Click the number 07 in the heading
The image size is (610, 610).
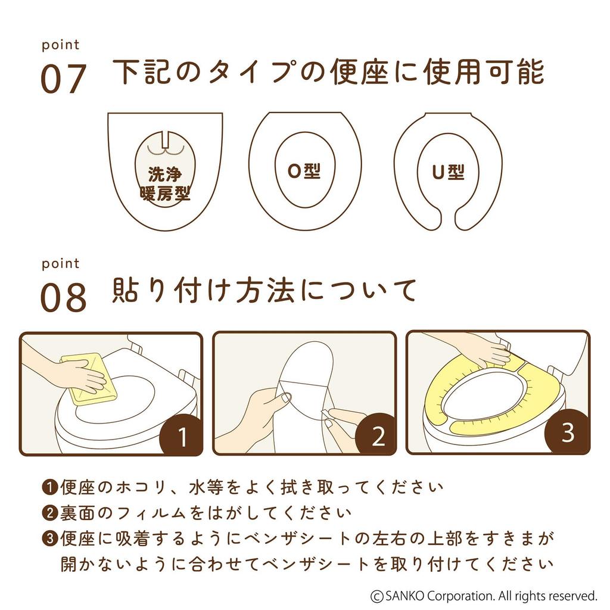coord(63,79)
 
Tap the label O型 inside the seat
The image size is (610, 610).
coord(304,171)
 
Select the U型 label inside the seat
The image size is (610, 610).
coord(448,172)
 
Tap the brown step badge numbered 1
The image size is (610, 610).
coord(182,438)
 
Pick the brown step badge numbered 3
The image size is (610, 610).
coord(568,433)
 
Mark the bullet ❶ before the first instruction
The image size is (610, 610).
coord(49,487)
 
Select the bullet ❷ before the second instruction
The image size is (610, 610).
coord(49,513)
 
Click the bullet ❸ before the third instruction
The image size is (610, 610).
coord(49,539)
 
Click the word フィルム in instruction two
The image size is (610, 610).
coord(164,513)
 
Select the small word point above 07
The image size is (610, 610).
coord(60,45)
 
